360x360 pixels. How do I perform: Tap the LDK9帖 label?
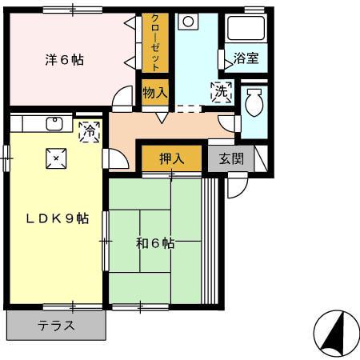click(x=55, y=218)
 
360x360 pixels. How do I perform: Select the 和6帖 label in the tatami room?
click(x=155, y=243)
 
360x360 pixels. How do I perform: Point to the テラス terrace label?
click(x=56, y=326)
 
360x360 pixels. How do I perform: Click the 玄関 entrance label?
click(x=231, y=158)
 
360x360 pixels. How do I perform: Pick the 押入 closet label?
click(x=172, y=158)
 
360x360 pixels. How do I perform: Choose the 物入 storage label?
click(x=155, y=92)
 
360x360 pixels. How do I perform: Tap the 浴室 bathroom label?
click(x=245, y=58)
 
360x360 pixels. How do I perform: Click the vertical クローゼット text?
click(x=155, y=42)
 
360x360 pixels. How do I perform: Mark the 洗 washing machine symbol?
click(x=221, y=92)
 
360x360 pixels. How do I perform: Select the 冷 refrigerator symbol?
click(x=90, y=129)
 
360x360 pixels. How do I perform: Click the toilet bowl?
click(x=254, y=104)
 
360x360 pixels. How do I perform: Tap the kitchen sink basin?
click(x=55, y=123)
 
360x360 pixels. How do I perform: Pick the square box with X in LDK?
click(x=55, y=158)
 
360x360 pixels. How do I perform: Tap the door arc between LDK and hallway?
click(x=114, y=158)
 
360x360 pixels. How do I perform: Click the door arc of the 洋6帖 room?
click(x=123, y=98)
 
